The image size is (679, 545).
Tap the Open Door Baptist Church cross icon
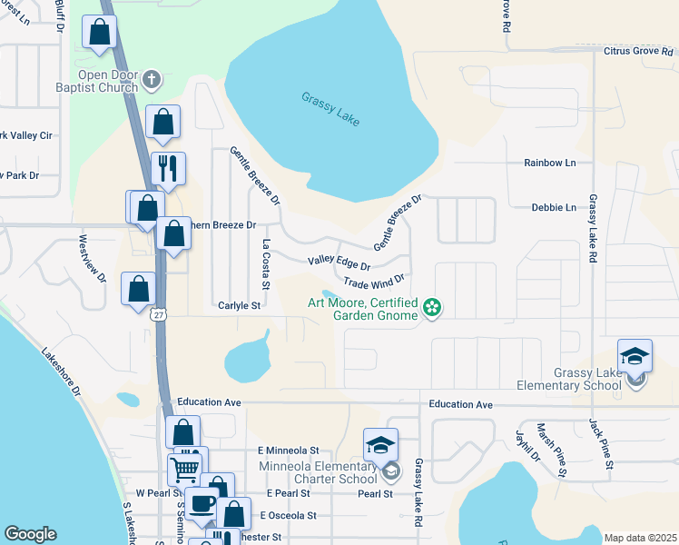[152, 80]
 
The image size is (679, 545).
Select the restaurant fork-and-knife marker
[168, 168]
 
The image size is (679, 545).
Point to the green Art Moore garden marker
[432, 309]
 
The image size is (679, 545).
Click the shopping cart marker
[185, 470]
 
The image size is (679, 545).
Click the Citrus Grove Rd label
[640, 51]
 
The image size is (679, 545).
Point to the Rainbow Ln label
[550, 163]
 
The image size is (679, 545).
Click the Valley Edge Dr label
[339, 263]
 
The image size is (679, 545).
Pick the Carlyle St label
[239, 306]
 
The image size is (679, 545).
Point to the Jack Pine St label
[601, 444]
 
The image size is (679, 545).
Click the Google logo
[30, 534]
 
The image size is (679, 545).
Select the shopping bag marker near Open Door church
[162, 123]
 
